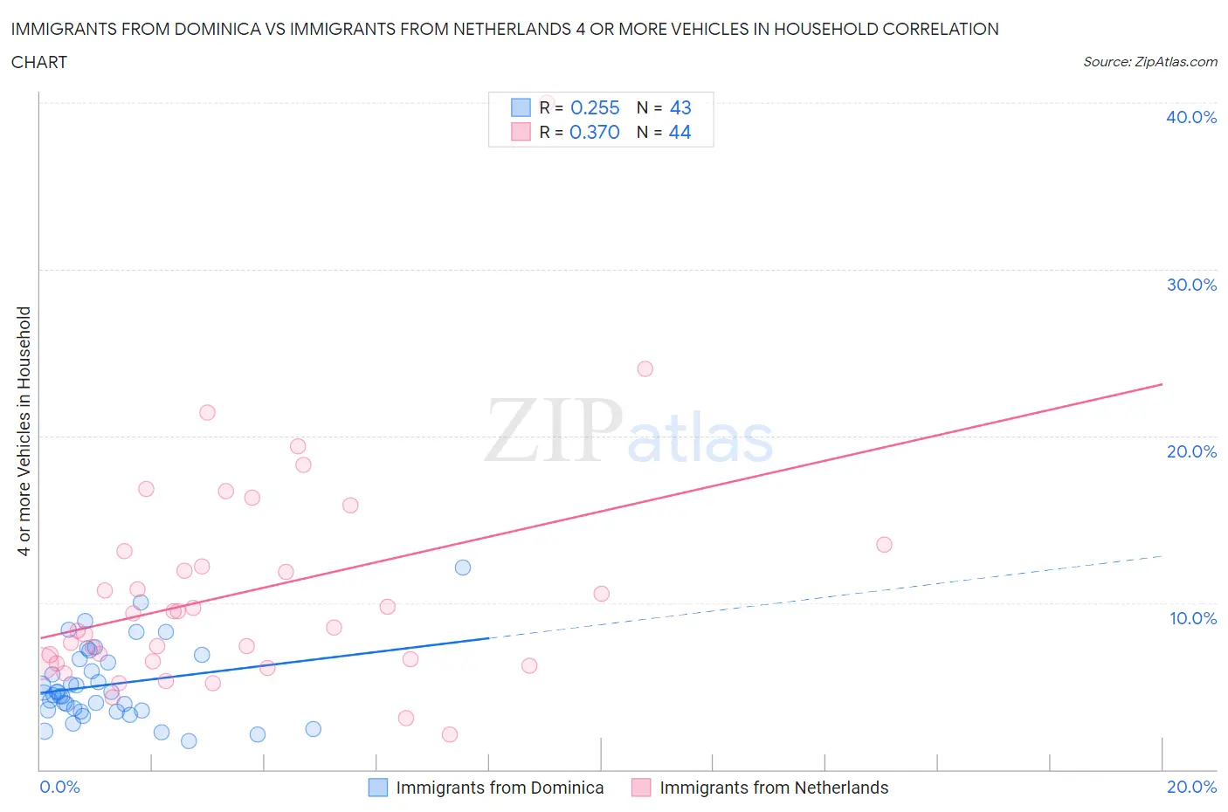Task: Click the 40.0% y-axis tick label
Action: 1190,117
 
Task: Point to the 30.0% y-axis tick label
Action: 1190,285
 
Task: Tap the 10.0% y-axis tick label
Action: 1192,618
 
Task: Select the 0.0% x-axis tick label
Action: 59,787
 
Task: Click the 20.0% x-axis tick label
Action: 1191,787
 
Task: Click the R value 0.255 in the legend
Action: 595,107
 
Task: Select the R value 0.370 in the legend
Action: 595,132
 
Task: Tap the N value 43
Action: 680,107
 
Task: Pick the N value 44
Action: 680,132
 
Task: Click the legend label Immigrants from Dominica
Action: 500,788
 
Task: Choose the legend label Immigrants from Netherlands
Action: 774,788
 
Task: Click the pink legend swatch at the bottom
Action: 641,788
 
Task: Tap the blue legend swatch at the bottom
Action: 377,788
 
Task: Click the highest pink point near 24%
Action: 645,368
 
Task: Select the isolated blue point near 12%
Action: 463,568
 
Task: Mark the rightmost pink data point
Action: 884,545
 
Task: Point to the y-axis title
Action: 24,431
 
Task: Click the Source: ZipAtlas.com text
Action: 1149,61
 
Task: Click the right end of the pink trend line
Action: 1162,384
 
